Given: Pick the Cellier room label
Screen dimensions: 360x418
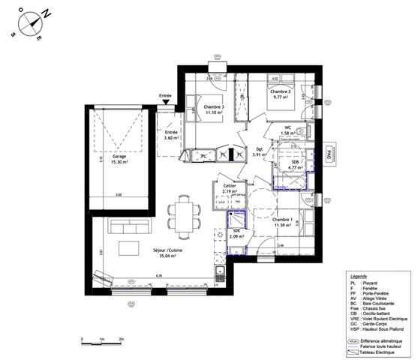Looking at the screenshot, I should pyautogui.click(x=229, y=189).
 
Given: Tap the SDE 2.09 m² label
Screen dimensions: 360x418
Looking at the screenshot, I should pyautogui.click(x=236, y=234).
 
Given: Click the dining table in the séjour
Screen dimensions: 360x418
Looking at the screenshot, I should pyautogui.click(x=183, y=215).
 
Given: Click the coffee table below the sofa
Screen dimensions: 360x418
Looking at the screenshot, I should pyautogui.click(x=128, y=248).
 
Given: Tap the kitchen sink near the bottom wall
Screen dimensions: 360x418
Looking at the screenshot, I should pyautogui.click(x=220, y=272).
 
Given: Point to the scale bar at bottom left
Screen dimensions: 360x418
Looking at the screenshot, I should pyautogui.click(x=101, y=342).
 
